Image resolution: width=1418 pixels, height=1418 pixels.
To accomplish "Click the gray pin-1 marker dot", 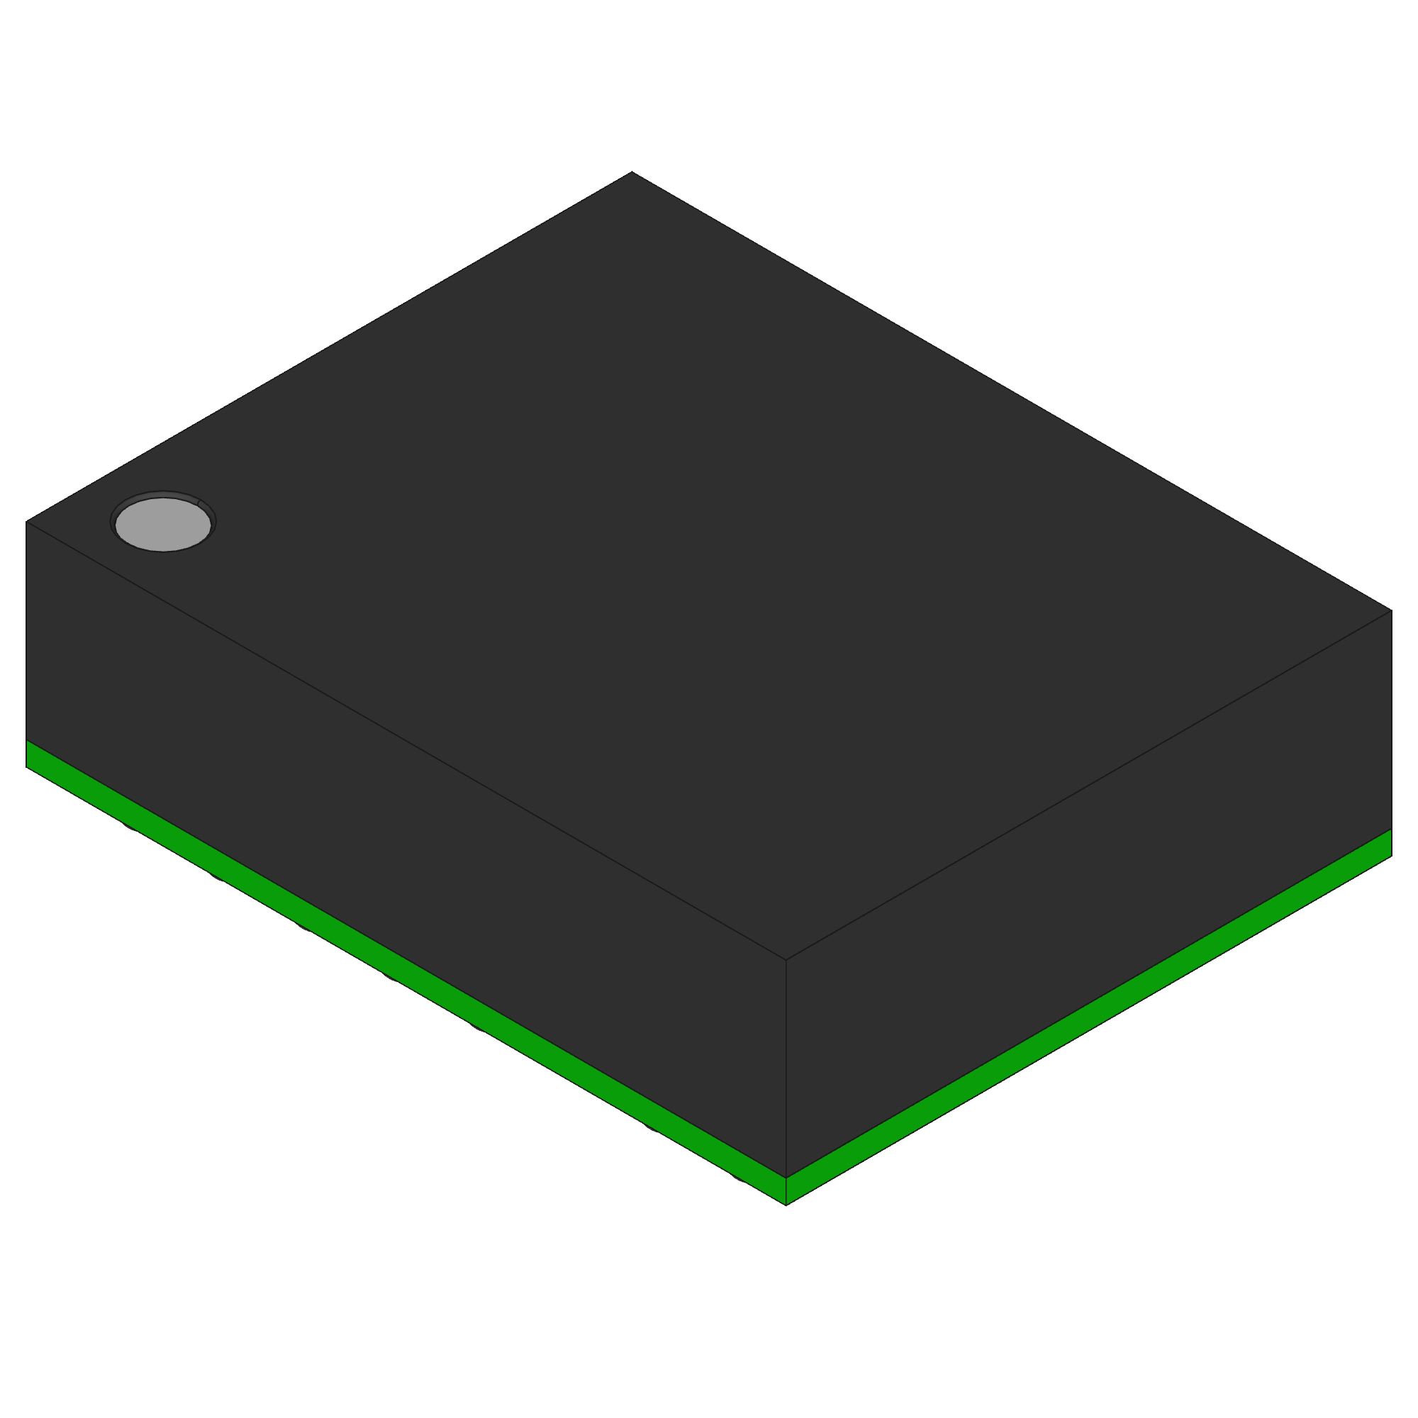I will (x=163, y=523).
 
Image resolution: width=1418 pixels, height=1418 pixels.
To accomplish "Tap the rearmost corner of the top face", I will (x=632, y=172).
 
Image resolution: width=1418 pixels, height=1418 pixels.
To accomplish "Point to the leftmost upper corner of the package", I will (x=26, y=522).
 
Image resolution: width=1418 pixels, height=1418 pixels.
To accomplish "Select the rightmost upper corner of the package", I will (x=1392, y=610).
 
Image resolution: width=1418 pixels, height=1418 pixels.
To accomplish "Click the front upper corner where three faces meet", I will (x=786, y=959).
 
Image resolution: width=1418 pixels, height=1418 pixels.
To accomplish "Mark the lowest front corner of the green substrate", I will (x=786, y=1205).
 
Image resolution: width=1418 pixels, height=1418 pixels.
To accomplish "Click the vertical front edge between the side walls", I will (x=786, y=1064).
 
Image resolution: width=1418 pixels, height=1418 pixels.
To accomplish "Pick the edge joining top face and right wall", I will (x=1086, y=786).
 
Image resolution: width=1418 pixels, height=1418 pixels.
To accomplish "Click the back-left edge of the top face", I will (x=330, y=347).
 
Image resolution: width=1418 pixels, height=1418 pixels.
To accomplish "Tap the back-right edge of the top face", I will (x=1013, y=392).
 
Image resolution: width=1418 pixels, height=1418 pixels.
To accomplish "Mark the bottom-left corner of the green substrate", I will (x=26, y=766).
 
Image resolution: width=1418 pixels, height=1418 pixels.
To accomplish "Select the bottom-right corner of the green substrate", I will (x=1392, y=855).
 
